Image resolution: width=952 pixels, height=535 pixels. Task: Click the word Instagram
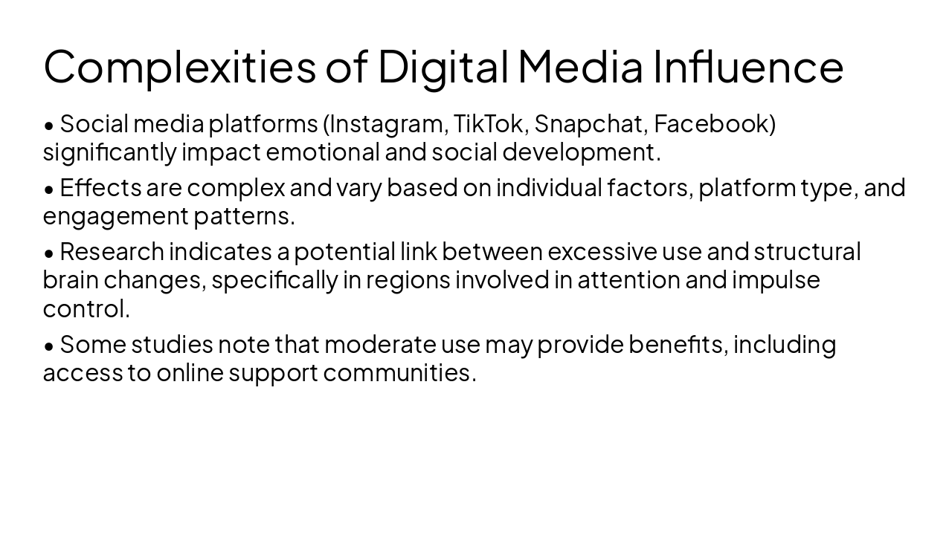pos(388,124)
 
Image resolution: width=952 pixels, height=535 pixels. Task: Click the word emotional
pos(323,152)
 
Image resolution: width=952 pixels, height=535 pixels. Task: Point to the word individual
pos(549,188)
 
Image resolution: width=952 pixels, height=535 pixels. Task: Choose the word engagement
pos(115,216)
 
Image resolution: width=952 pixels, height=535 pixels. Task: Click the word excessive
pos(602,252)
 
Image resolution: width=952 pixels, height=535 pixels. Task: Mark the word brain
pos(70,280)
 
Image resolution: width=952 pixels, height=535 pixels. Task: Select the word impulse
pos(776,280)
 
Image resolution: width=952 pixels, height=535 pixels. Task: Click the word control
pos(85,308)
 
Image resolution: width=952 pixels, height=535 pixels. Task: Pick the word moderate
pos(380,345)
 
